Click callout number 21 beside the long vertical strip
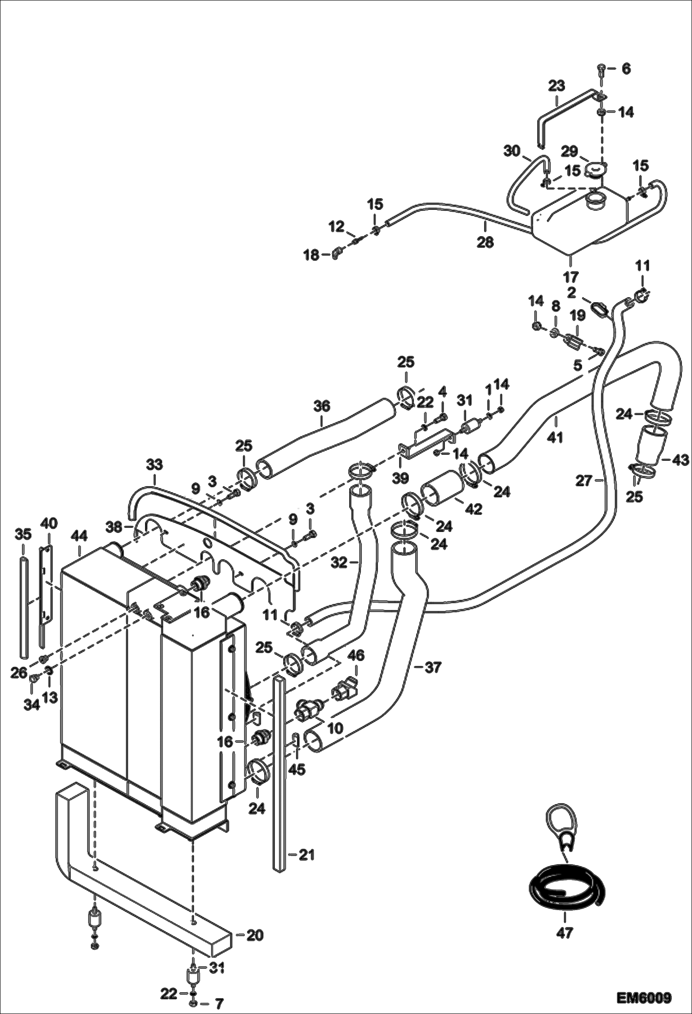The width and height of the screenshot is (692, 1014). (306, 855)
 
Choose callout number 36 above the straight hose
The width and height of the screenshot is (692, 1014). (322, 406)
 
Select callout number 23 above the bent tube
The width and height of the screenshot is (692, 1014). (557, 86)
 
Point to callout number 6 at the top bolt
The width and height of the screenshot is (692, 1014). (625, 69)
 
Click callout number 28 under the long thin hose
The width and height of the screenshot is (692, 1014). (486, 242)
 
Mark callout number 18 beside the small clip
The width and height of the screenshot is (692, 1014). (312, 254)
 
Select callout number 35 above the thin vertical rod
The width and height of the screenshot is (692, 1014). (23, 535)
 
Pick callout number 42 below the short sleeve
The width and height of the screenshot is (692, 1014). (473, 509)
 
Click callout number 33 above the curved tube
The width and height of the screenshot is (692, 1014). (155, 464)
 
